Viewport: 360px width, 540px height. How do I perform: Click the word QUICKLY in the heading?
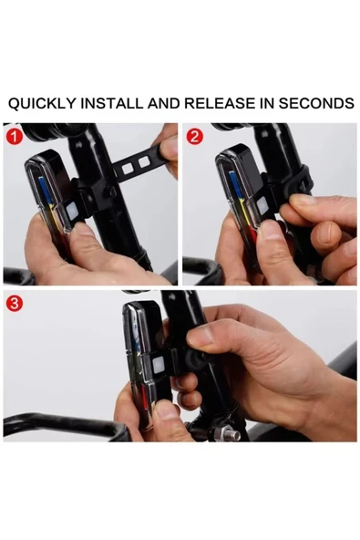41,103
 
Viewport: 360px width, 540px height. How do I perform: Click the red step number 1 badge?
13,137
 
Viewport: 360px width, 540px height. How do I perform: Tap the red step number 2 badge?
194,137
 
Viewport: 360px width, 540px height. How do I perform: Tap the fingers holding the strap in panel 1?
170,146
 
